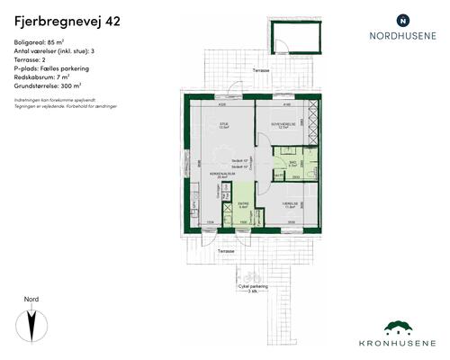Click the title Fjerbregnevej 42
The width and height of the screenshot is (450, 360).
click(57, 18)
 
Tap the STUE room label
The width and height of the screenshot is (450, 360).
click(225, 123)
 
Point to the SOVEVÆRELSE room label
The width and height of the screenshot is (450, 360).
click(286, 123)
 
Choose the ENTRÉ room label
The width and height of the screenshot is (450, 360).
click(242, 203)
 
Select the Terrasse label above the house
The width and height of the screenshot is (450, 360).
click(261, 69)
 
